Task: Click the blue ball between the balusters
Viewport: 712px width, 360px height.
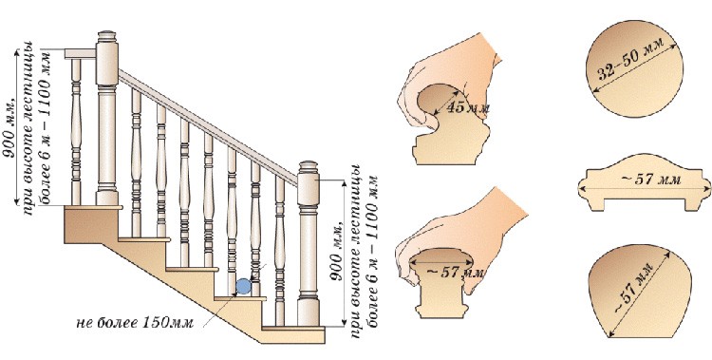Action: pos(243,286)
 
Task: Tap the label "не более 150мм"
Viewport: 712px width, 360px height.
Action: pos(135,323)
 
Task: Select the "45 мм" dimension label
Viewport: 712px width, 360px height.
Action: pos(468,108)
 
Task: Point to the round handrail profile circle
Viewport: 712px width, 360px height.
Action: pos(634,68)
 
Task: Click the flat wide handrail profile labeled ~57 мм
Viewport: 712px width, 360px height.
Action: pos(645,182)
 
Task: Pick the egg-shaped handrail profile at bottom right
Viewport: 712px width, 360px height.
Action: pos(639,291)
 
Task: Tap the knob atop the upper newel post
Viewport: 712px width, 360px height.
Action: pos(106,36)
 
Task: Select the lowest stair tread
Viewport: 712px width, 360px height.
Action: pos(293,328)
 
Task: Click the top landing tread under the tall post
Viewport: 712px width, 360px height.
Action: pos(93,207)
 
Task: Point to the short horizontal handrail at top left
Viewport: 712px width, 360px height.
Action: pos(80,53)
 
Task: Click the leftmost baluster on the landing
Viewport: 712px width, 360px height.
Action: pos(76,132)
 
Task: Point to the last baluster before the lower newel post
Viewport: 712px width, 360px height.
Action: pos(280,251)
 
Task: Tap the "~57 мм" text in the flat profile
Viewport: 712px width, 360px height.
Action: pos(650,180)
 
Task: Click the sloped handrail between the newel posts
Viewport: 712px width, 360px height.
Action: pos(209,127)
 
